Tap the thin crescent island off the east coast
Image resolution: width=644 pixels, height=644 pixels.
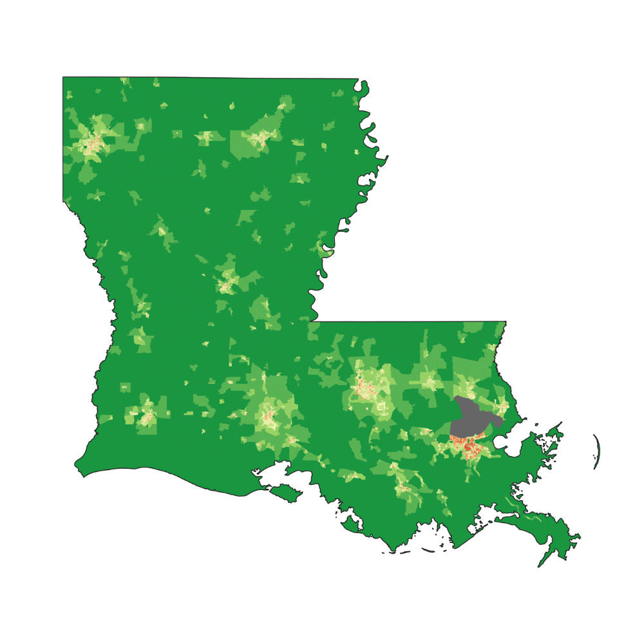[x=596, y=451]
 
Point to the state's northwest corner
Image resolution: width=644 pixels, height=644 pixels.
[x=63, y=78]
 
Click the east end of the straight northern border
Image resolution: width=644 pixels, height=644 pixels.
[x=358, y=79]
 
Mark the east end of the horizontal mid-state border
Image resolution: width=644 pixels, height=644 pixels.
[x=506, y=321]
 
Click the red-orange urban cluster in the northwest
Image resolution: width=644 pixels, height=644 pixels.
[x=95, y=143]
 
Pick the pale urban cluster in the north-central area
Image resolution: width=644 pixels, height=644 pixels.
[x=260, y=137]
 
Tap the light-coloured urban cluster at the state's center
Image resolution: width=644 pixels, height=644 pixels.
[x=227, y=282]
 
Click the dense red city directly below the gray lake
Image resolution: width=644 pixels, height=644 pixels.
[x=469, y=446]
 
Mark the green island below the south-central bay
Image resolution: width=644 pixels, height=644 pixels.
[x=287, y=493]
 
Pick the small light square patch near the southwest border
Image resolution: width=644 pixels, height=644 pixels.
[x=125, y=387]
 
